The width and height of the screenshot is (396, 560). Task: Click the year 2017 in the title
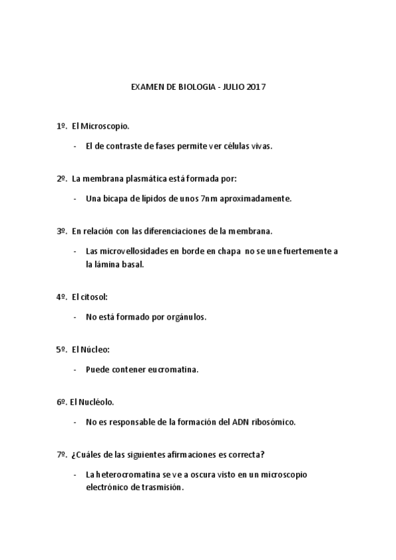click(256, 87)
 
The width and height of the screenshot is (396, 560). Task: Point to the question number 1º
click(62, 125)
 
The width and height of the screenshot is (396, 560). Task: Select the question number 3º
click(62, 231)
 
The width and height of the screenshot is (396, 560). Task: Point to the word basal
click(133, 264)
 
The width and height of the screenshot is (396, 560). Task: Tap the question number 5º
click(62, 349)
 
